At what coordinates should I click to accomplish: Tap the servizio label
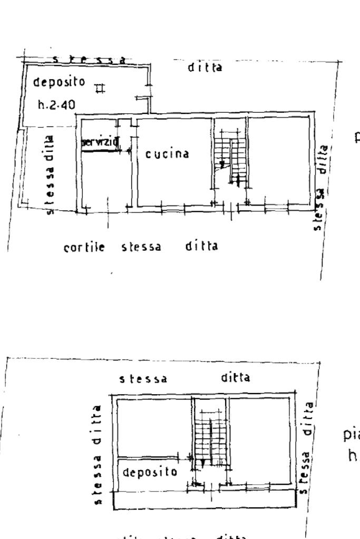coord(100,141)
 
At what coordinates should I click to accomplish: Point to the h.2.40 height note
coord(56,105)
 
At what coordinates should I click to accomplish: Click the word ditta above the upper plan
coord(205,67)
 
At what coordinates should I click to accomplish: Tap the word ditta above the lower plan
coord(235,378)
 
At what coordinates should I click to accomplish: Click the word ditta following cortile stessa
coord(201,246)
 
